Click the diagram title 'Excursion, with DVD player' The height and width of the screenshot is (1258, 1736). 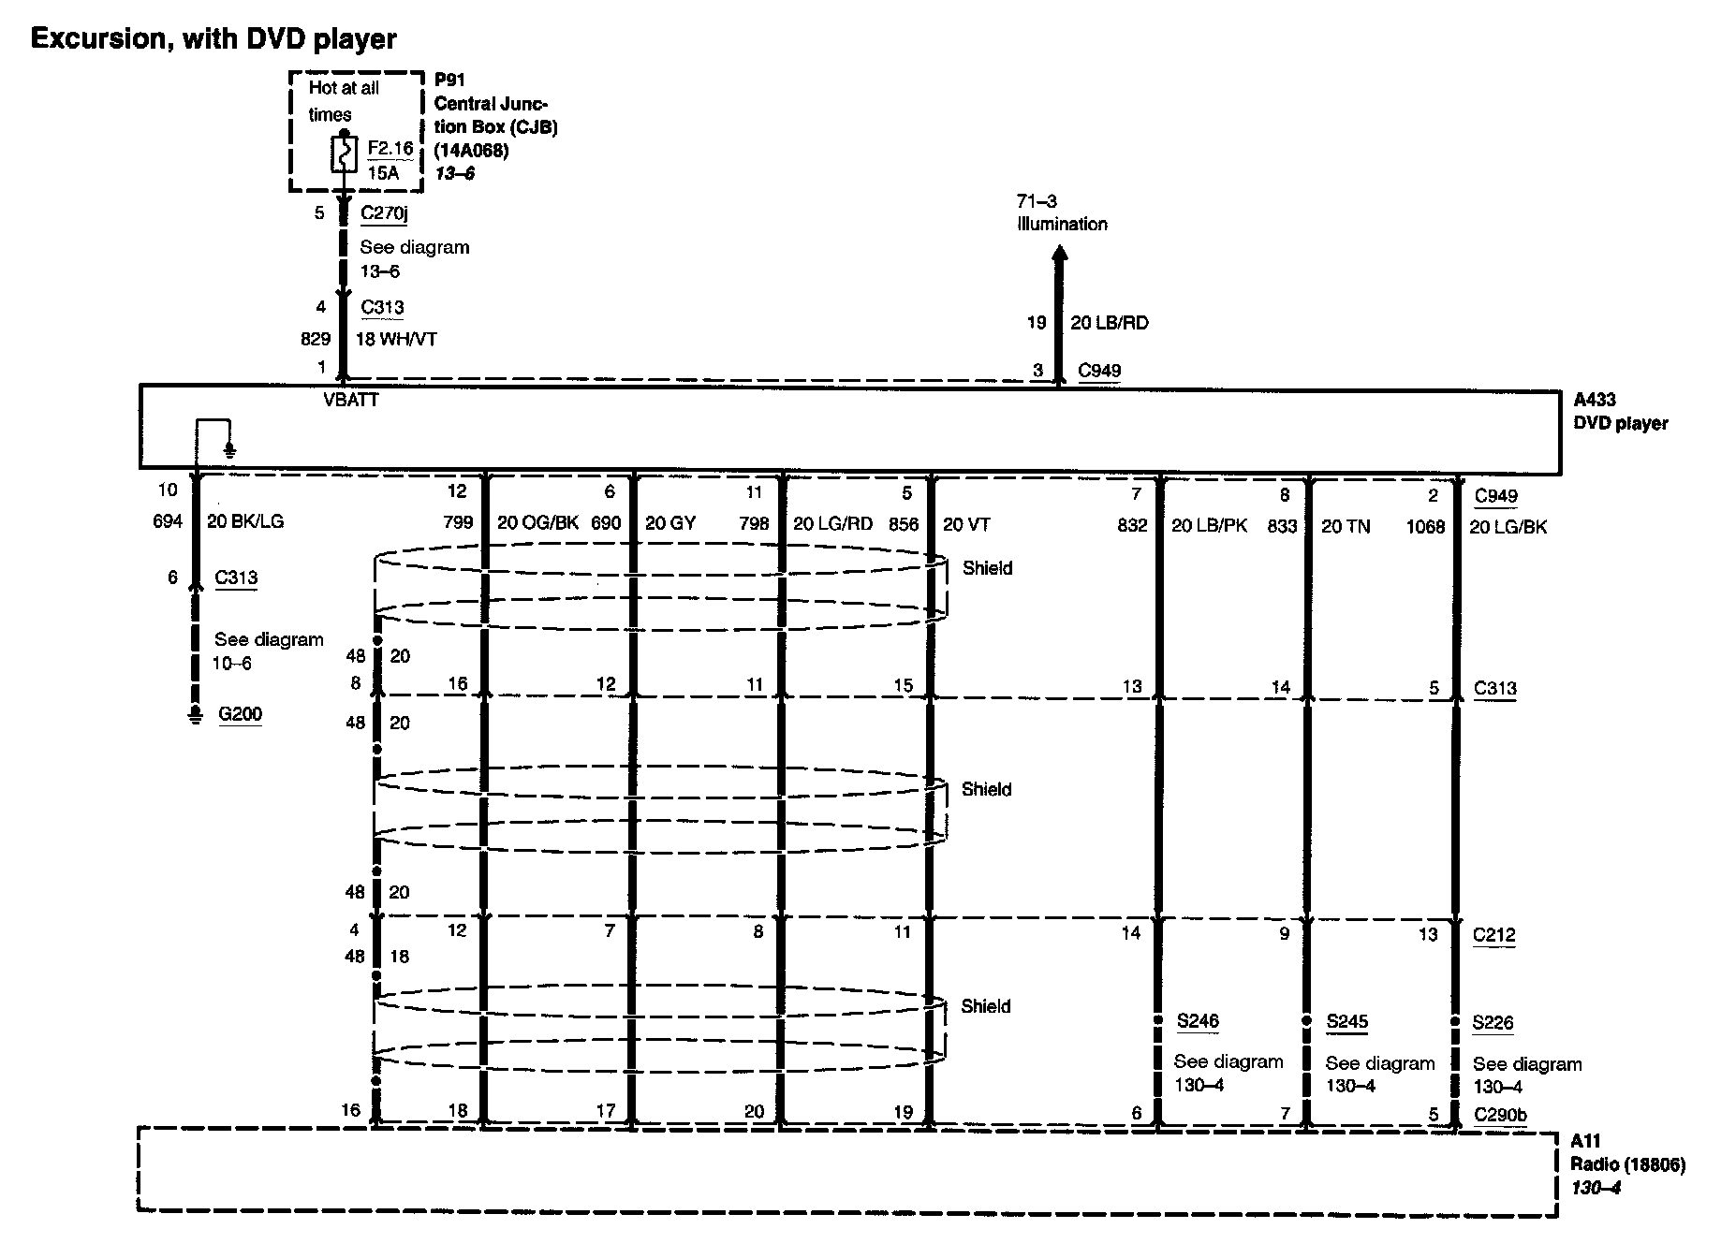click(x=213, y=39)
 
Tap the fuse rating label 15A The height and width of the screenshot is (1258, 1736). click(x=383, y=173)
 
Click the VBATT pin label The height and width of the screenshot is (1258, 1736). click(x=351, y=401)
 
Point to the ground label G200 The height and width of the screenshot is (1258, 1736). click(x=240, y=714)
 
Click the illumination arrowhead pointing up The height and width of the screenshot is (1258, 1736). click(x=1060, y=254)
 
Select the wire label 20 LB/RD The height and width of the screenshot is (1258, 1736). click(x=1110, y=323)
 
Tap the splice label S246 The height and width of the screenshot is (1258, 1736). click(x=1198, y=1021)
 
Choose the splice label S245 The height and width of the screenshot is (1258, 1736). click(x=1347, y=1021)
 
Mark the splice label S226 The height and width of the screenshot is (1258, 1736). click(x=1493, y=1022)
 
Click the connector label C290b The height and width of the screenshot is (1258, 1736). click(x=1500, y=1115)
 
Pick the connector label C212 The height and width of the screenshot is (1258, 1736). click(x=1493, y=934)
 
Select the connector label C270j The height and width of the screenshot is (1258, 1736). click(x=384, y=213)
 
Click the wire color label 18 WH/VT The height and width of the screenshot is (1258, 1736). click(x=396, y=340)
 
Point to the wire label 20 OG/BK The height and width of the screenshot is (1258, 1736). click(x=537, y=523)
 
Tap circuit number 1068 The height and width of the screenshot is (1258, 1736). click(x=1425, y=527)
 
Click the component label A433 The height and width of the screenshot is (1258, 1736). click(x=1595, y=400)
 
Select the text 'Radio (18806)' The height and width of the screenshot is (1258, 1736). click(x=1627, y=1164)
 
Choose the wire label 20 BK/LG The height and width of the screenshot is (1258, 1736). click(x=245, y=521)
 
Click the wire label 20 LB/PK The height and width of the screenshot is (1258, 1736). click(x=1209, y=526)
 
